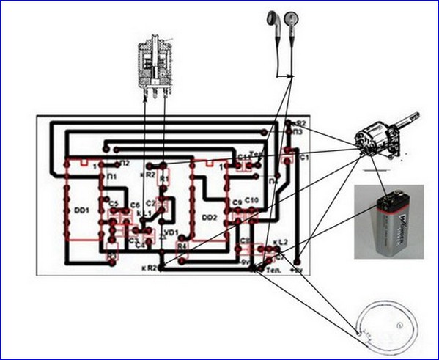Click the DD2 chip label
(x=210, y=217)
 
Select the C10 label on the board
(x=251, y=200)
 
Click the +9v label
(x=297, y=270)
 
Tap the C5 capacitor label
(x=114, y=205)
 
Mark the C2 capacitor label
(x=151, y=201)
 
